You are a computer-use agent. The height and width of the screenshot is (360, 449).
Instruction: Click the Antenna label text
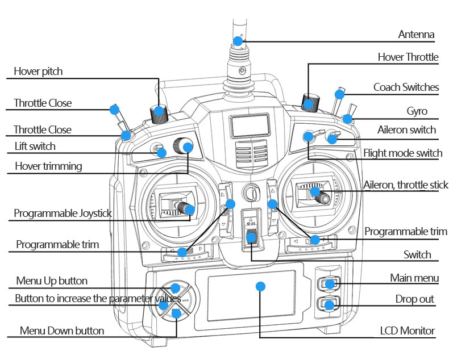416,35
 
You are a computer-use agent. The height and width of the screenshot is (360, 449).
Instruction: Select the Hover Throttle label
408,57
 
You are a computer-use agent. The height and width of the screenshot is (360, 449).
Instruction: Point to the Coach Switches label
406,87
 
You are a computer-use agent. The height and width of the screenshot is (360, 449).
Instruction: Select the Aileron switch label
406,129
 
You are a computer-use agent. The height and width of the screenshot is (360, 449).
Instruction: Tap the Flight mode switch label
402,153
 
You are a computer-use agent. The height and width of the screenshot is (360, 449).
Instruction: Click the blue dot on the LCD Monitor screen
260,286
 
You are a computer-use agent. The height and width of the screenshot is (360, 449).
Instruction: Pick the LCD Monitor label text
407,330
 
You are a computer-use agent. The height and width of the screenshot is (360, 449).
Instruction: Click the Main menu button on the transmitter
329,283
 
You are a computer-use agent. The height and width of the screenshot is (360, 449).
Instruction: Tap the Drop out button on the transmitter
329,305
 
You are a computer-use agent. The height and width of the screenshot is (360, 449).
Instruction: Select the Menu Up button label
52,281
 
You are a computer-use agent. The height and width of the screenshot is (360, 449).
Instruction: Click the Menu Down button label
62,330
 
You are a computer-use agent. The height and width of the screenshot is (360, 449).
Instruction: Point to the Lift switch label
35,146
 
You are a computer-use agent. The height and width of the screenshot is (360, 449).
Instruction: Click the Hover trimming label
48,166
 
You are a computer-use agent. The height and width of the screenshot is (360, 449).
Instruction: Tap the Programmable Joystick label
63,214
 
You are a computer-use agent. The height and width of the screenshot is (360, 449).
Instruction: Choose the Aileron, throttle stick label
406,185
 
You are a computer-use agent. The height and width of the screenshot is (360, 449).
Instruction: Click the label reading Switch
417,254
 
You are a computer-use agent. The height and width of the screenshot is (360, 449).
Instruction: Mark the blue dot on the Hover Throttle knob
307,103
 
